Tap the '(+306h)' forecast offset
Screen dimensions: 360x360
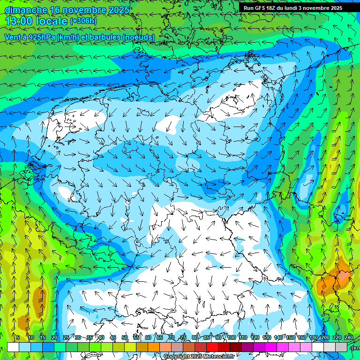[x=84, y=21]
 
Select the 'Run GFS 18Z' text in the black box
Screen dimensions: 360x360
[x=261, y=8]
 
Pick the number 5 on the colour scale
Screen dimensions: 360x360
[x=18, y=337]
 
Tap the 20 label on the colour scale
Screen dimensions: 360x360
[x=54, y=337]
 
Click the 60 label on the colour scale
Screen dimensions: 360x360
[x=148, y=337]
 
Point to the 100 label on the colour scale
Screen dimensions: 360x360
[x=231, y=337]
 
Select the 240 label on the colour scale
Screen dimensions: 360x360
[x=349, y=337]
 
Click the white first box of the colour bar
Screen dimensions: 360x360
[x=13, y=347]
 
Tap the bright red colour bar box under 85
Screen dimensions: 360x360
[x=212, y=347]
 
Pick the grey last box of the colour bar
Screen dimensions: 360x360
[x=341, y=347]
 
